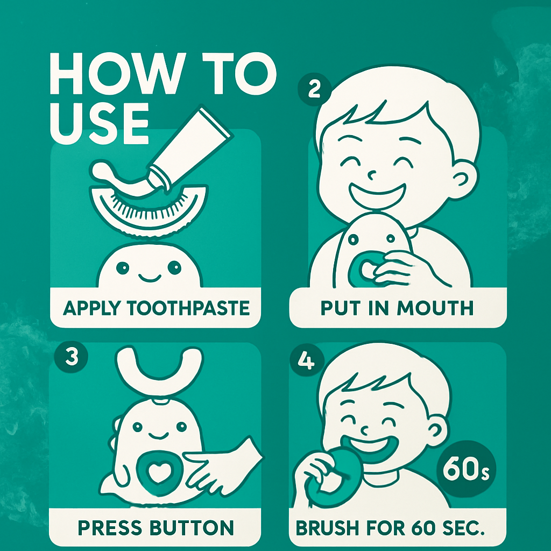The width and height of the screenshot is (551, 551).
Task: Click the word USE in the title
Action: point(99,123)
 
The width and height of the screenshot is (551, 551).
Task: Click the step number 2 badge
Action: point(314,89)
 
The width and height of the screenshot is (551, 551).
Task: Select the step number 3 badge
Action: point(72,357)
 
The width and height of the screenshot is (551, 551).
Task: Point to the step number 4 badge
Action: point(306,361)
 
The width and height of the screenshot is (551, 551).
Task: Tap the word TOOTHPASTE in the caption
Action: point(188,308)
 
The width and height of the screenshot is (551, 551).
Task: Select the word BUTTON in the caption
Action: point(192,528)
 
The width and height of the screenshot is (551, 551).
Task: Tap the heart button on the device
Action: point(158,474)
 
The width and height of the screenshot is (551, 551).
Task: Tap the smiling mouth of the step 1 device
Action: point(150,278)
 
